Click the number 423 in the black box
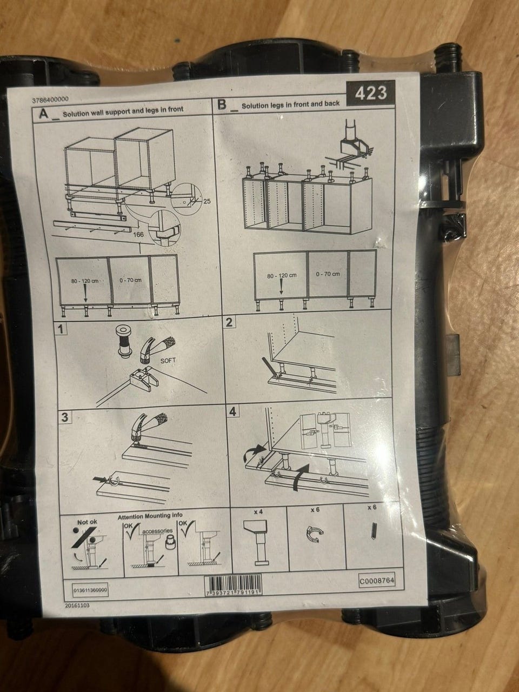(371, 93)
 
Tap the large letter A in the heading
(44, 114)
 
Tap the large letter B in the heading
(222, 105)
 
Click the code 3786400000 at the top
(50, 99)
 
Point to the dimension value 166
(138, 235)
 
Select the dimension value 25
(207, 201)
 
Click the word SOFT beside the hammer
(168, 361)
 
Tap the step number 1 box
(61, 329)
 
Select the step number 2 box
(229, 322)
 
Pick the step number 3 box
(64, 417)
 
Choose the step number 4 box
(232, 411)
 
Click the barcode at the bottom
(233, 585)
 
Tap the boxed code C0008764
(377, 581)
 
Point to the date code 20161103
(77, 605)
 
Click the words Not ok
(87, 522)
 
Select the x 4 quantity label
(258, 512)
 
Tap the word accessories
(157, 531)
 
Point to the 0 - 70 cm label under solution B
(328, 274)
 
